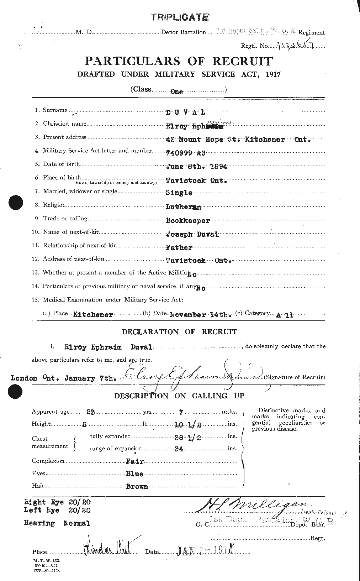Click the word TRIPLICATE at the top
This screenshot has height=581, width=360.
[x=179, y=17]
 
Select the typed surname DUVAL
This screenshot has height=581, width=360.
[x=186, y=112]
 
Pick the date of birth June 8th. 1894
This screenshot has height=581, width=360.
[x=196, y=166]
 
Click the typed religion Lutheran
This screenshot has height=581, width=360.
[x=184, y=206]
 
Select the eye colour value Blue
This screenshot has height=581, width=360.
[x=134, y=474]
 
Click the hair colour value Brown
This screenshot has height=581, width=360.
[x=137, y=487]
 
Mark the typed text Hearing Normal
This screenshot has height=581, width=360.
[x=57, y=523]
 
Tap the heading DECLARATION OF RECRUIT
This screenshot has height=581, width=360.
[x=179, y=332]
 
